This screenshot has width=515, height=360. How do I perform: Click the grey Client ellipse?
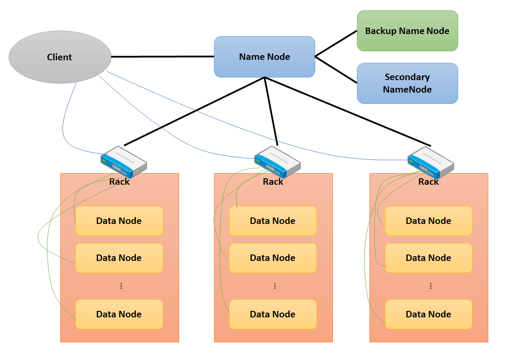[x=59, y=57]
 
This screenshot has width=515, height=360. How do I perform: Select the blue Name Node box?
[x=264, y=57]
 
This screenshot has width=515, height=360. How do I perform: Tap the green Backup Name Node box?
[x=407, y=31]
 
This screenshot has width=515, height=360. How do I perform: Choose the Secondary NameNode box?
[x=407, y=83]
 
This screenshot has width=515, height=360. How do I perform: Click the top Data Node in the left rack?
[x=119, y=221]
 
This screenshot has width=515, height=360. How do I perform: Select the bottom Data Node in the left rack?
[x=119, y=314]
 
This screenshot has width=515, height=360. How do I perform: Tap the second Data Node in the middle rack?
[x=273, y=258]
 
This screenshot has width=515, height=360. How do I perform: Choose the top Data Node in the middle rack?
[x=273, y=221]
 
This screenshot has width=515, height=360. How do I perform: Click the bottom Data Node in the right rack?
[x=428, y=314]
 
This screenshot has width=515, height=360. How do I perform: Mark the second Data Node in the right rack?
[x=428, y=258]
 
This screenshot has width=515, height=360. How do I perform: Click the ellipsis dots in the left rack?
[x=121, y=286]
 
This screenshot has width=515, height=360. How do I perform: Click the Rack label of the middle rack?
[x=273, y=182]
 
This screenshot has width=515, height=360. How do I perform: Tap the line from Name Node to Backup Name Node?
[x=336, y=43]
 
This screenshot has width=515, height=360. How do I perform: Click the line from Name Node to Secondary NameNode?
[x=336, y=69]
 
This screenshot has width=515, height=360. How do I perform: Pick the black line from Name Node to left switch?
[x=194, y=111]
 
